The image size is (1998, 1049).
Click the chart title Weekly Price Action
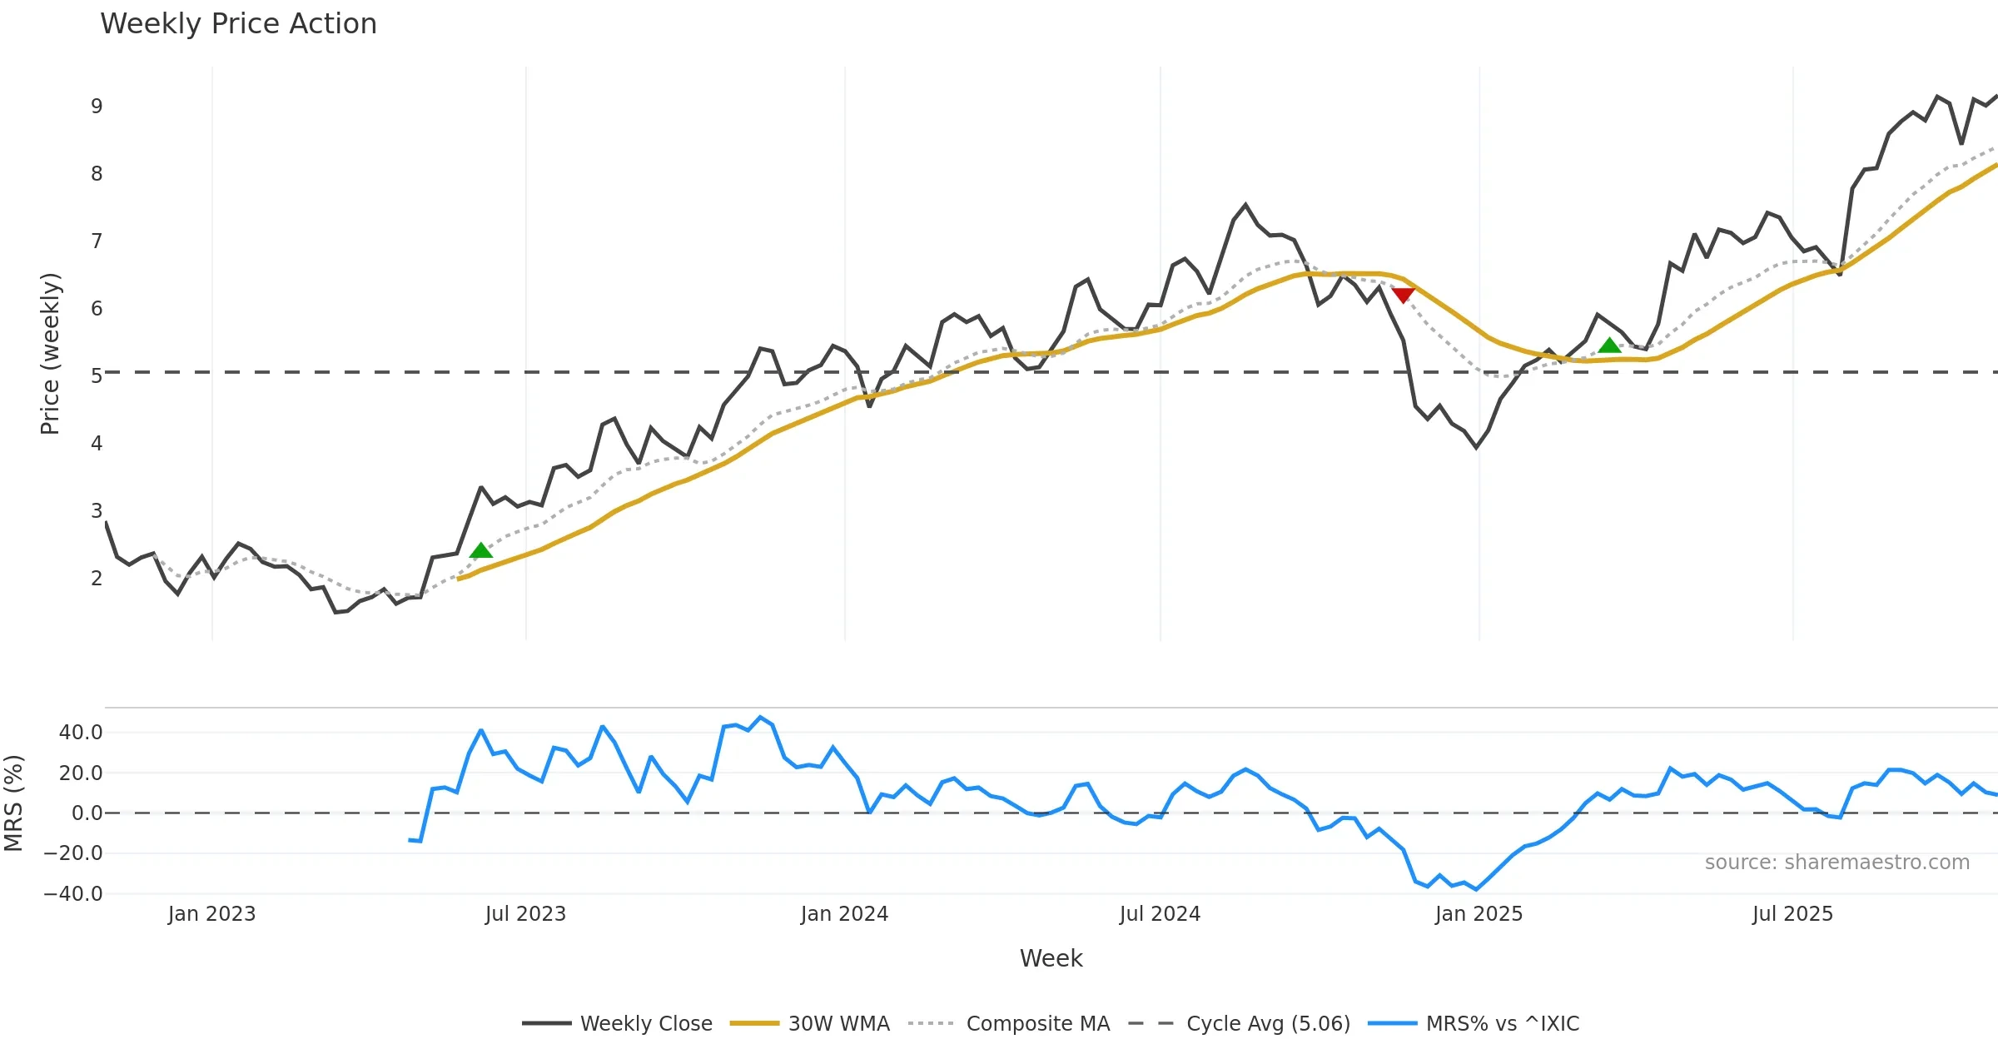pyautogui.click(x=238, y=24)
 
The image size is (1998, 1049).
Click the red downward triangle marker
pyautogui.click(x=1403, y=295)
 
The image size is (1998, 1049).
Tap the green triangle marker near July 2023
pyautogui.click(x=480, y=550)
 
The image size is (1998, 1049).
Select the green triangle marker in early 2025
pyautogui.click(x=1609, y=346)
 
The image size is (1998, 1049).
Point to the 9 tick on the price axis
pyautogui.click(x=97, y=107)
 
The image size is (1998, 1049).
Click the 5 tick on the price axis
pyautogui.click(x=97, y=376)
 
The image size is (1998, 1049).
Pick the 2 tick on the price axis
pyautogui.click(x=97, y=579)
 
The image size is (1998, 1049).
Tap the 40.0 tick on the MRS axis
pyautogui.click(x=81, y=733)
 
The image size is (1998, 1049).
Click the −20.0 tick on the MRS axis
pyautogui.click(x=73, y=853)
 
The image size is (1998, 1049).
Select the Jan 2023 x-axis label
pyautogui.click(x=211, y=914)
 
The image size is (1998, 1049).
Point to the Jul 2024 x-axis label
pyautogui.click(x=1160, y=914)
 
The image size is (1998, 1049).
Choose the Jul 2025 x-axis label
pyautogui.click(x=1792, y=914)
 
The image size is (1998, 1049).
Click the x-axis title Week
pyautogui.click(x=1051, y=959)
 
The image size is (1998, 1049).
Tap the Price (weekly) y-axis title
pyautogui.click(x=50, y=354)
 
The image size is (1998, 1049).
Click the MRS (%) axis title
pyautogui.click(x=13, y=803)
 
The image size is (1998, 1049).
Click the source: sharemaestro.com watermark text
pyautogui.click(x=1836, y=863)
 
